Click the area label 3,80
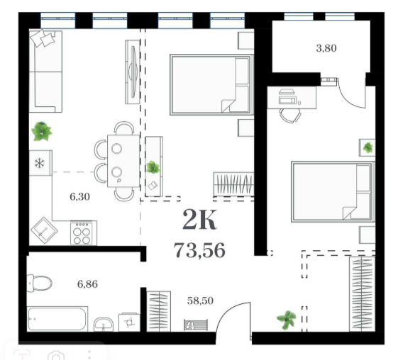(x=326, y=48)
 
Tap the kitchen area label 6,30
(x=79, y=197)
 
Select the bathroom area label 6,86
(x=87, y=284)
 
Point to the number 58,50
(x=200, y=300)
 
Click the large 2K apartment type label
(x=199, y=220)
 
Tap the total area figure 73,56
(x=199, y=250)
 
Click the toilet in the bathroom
(x=39, y=283)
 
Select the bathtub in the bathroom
(x=57, y=319)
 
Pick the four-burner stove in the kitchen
(x=83, y=232)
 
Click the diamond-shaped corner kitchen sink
(x=44, y=230)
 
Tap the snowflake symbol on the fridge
(x=39, y=163)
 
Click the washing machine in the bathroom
(x=129, y=322)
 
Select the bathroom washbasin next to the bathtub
(x=104, y=324)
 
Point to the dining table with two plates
(x=123, y=161)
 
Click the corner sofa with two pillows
(x=45, y=72)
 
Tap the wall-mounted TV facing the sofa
(x=133, y=72)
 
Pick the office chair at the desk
(x=290, y=116)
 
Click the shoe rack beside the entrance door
(x=196, y=325)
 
